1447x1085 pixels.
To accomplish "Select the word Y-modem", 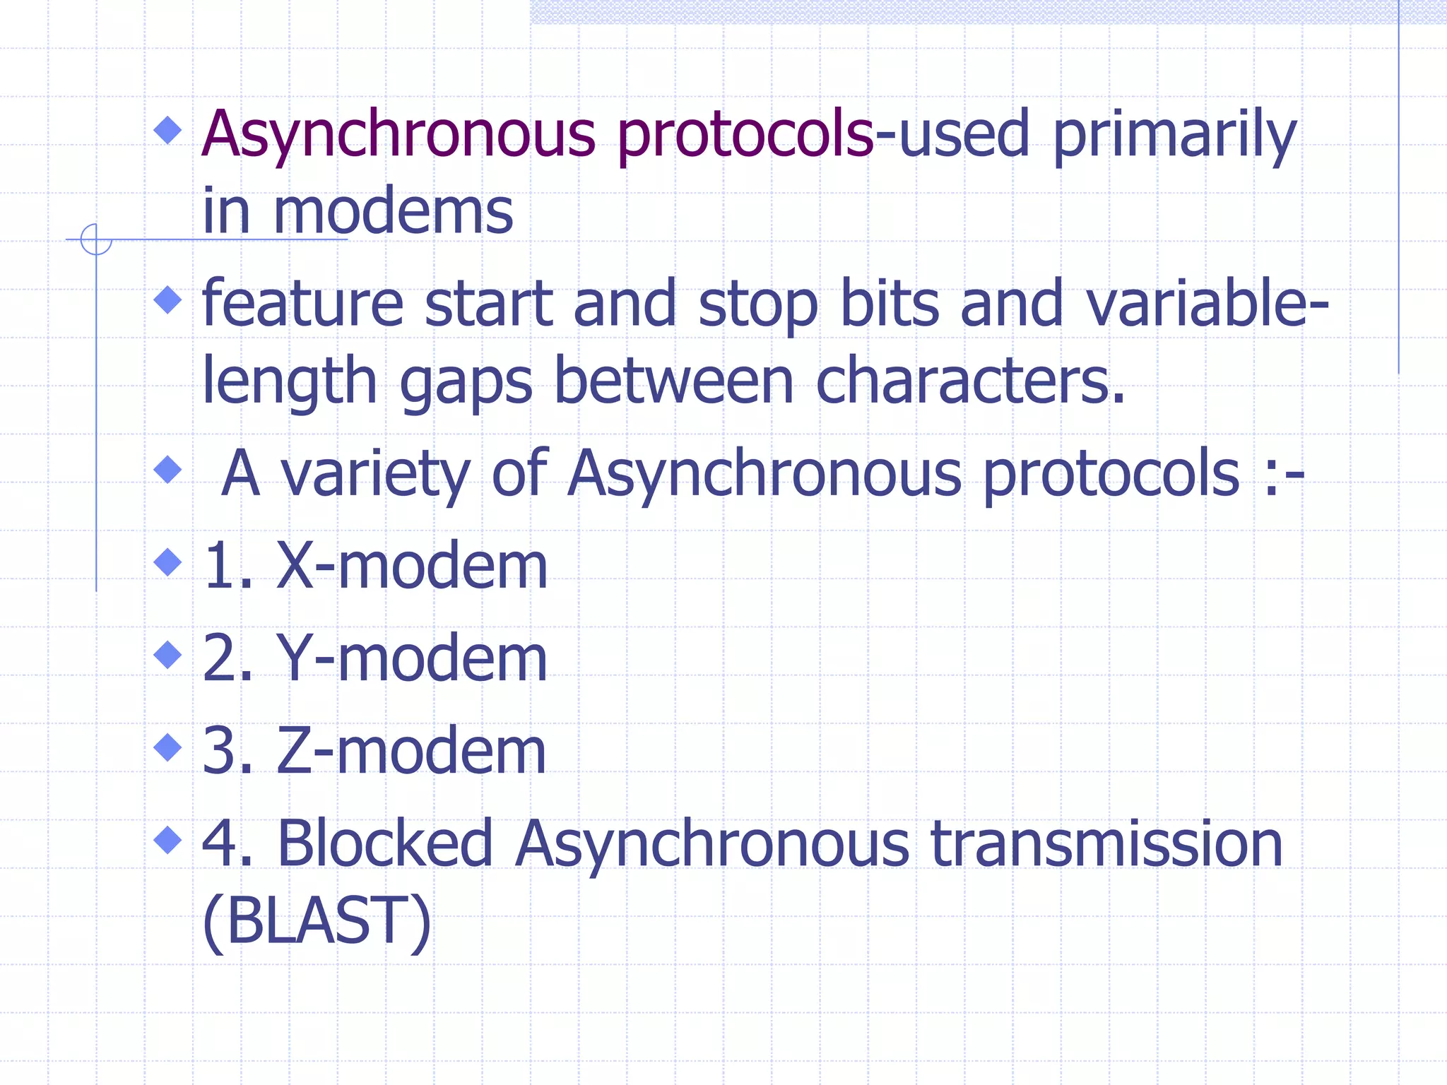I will [411, 658].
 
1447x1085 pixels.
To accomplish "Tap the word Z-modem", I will [411, 751].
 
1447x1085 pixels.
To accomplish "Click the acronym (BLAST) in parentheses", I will [317, 921].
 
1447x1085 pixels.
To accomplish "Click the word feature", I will [302, 304].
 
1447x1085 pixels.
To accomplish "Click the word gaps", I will [466, 382].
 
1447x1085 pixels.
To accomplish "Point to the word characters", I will [969, 381].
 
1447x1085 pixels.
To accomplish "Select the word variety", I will [376, 474].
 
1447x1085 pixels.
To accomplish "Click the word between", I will [674, 381].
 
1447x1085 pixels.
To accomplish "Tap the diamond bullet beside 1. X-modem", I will [167, 563].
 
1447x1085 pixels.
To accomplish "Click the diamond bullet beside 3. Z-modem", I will [167, 747].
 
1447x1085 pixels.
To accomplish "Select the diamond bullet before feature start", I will [167, 300].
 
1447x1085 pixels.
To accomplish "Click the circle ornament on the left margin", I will [96, 239].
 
